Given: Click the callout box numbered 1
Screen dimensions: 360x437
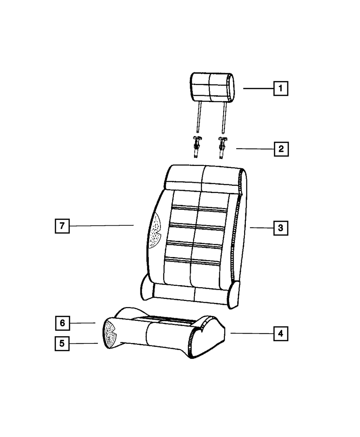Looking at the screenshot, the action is [x=281, y=89].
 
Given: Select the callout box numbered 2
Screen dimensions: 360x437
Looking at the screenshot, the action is [x=281, y=149].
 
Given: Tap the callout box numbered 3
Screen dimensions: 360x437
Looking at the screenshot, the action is [x=281, y=228].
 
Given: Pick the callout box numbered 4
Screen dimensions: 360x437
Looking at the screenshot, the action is [x=281, y=334].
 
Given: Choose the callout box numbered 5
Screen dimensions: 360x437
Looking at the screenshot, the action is [x=62, y=343].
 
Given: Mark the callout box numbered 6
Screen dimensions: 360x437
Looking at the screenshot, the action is [x=63, y=323].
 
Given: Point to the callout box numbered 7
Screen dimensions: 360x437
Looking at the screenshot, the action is [x=62, y=226].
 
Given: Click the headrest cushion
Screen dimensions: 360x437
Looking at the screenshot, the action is [x=212, y=88].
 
